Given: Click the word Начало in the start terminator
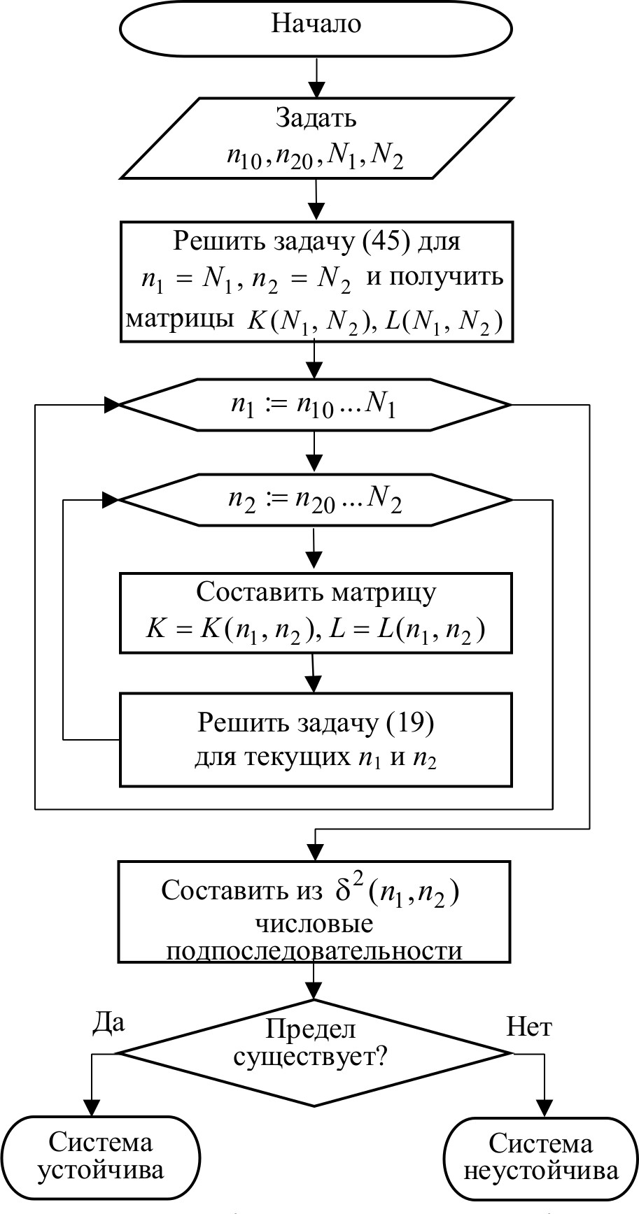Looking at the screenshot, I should click(316, 24).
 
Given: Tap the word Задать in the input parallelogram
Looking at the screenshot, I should click(316, 117).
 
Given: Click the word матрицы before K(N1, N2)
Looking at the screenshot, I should click(180, 320).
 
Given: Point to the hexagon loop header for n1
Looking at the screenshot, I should click(316, 405).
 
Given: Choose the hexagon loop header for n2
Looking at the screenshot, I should click(316, 500).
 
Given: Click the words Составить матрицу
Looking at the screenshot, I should click(316, 592).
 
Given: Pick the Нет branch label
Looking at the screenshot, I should click(528, 1027).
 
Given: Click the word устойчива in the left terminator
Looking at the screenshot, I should click(100, 1169).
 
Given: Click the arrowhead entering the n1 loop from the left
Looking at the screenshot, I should click(112, 405).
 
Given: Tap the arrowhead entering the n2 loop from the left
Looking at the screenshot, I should click(112, 500).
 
